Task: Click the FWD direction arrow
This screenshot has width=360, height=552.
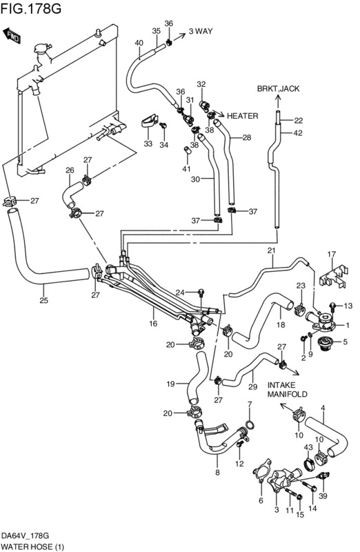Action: point(12,36)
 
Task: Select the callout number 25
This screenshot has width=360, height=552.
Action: point(43,300)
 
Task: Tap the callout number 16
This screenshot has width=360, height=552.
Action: point(153,324)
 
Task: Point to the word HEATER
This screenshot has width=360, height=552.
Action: point(243,116)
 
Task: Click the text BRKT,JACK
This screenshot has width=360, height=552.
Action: point(278,89)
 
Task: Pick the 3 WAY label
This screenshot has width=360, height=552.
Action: point(201,31)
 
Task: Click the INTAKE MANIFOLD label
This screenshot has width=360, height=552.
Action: point(287,389)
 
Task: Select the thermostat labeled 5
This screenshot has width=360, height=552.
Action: point(323,344)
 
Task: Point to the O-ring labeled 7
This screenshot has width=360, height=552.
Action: point(250,424)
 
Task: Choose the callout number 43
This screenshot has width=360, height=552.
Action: point(308,447)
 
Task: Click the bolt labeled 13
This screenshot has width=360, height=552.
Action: point(332,306)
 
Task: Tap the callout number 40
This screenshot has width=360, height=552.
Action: point(139,43)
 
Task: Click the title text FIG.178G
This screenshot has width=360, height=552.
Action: point(31,8)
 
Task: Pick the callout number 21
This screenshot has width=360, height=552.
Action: point(271,250)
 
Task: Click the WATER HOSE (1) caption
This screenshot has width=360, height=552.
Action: point(32,546)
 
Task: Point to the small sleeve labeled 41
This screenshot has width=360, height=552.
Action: point(188,150)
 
